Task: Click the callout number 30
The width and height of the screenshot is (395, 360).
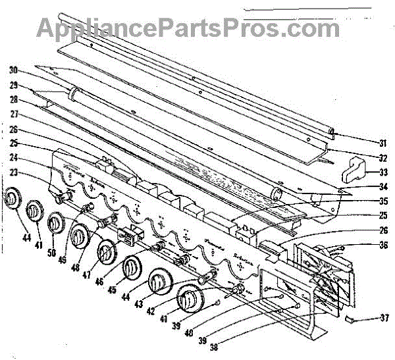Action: pyautogui.click(x=13, y=70)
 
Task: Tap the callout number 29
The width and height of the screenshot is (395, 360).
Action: pyautogui.click(x=13, y=86)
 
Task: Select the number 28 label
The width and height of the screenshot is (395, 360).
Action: pyautogui.click(x=13, y=100)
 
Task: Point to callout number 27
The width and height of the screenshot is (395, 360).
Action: pyautogui.click(x=13, y=114)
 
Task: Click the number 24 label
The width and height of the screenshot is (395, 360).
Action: pyautogui.click(x=13, y=158)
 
